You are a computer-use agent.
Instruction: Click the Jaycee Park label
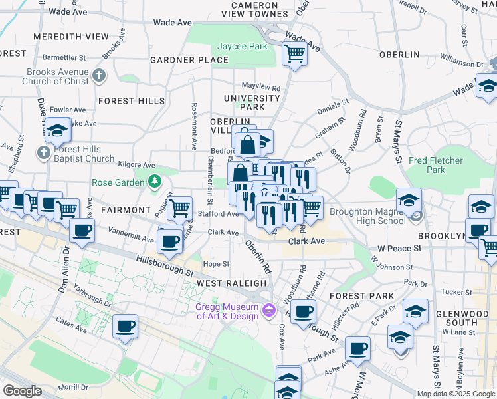tap(243, 47)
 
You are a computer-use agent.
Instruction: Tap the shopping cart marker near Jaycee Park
tap(294, 53)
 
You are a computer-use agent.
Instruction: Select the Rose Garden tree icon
tap(155, 181)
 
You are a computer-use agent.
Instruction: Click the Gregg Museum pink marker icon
tap(269, 310)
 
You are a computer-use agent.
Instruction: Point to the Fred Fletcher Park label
tap(436, 165)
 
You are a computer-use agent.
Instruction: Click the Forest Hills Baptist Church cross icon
tap(43, 153)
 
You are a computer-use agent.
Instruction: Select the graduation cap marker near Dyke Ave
tap(58, 131)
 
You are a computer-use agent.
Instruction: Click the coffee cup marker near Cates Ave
tap(125, 327)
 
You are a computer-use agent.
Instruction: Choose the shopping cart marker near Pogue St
tap(179, 208)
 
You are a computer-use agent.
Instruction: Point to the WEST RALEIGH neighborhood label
tap(232, 283)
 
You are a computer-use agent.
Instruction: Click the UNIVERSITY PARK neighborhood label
tap(252, 102)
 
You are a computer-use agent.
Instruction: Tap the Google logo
tap(22, 390)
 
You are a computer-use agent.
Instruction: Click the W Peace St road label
tap(399, 248)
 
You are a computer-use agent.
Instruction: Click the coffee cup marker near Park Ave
tap(357, 348)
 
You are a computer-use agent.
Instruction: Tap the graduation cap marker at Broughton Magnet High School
tap(409, 199)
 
